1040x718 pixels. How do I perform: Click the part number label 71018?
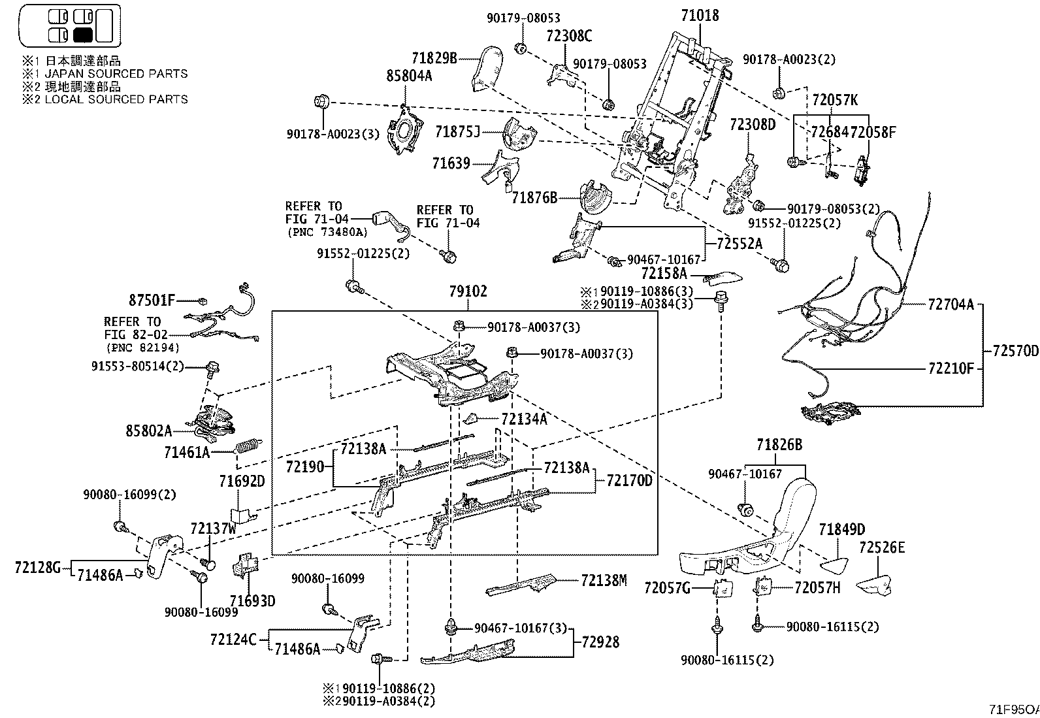700,15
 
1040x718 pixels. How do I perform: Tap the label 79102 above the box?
468,291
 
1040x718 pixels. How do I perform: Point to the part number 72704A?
951,304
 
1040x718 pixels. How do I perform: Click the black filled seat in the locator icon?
83,35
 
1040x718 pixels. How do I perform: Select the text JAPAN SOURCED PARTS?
116,73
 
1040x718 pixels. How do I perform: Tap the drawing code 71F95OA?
1014,709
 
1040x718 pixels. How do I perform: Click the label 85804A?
409,76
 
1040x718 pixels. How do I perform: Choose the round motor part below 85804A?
405,129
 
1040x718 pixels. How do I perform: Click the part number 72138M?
604,580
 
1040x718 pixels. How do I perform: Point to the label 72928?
601,642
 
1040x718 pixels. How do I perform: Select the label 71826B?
779,444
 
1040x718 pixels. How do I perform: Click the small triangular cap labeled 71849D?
834,565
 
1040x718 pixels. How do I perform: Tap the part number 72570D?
1015,351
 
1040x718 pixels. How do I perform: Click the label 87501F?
152,301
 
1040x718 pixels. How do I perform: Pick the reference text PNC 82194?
143,348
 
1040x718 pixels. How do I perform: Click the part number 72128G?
38,567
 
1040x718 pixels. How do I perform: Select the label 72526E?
882,547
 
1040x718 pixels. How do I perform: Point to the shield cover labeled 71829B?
487,68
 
